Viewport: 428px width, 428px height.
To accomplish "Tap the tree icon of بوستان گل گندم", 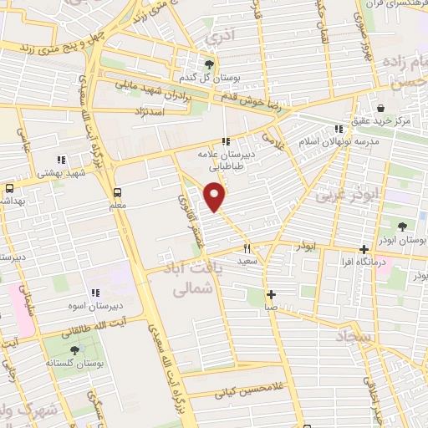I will [210, 63].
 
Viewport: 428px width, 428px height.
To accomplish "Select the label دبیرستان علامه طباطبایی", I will [226, 160].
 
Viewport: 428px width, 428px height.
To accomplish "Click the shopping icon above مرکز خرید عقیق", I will [381, 108].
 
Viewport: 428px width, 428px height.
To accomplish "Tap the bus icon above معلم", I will [117, 190].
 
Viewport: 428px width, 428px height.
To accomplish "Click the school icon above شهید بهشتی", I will [60, 159].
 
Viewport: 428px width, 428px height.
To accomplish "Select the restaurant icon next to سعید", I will [247, 248].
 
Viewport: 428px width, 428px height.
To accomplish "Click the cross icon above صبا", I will [271, 294].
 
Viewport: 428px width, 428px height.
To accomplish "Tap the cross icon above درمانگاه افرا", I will [364, 249].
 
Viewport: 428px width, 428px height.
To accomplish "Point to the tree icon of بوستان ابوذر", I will [403, 226].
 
